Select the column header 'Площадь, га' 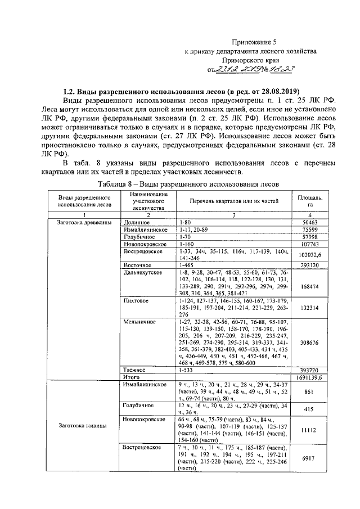(310, 201)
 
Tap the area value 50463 (310, 223)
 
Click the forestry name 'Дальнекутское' (143, 272)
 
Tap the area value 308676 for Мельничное (310, 341)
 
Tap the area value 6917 (310, 458)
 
